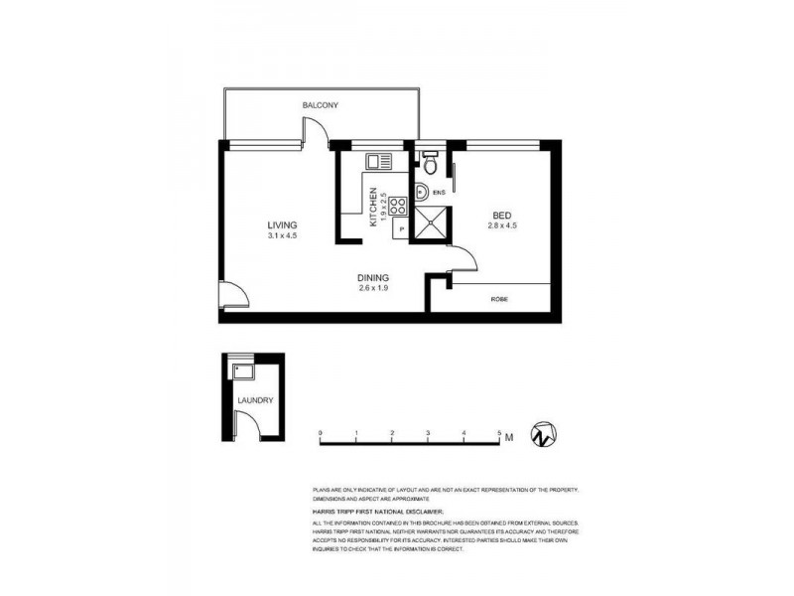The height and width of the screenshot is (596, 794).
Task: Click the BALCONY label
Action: (x=322, y=104)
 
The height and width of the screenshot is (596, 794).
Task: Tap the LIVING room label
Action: (x=282, y=224)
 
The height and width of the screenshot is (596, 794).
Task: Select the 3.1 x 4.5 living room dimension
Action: (x=282, y=236)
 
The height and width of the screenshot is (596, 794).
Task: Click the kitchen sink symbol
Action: (x=379, y=161)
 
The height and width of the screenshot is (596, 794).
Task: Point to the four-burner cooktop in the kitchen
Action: (x=397, y=207)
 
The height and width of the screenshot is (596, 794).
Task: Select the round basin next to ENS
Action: (x=421, y=193)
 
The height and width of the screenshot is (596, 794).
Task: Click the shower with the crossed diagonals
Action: (x=432, y=226)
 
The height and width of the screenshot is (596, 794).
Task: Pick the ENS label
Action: (x=438, y=193)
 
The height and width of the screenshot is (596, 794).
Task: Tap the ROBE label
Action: (x=499, y=299)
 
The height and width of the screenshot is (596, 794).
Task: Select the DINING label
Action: (x=373, y=277)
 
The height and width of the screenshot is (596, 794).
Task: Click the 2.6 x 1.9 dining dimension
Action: (x=373, y=289)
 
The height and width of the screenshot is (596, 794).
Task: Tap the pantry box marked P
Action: (x=401, y=229)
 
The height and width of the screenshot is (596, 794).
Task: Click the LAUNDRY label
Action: (x=254, y=401)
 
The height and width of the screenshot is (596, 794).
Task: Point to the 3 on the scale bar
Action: (x=428, y=434)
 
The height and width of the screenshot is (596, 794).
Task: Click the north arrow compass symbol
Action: (x=543, y=435)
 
